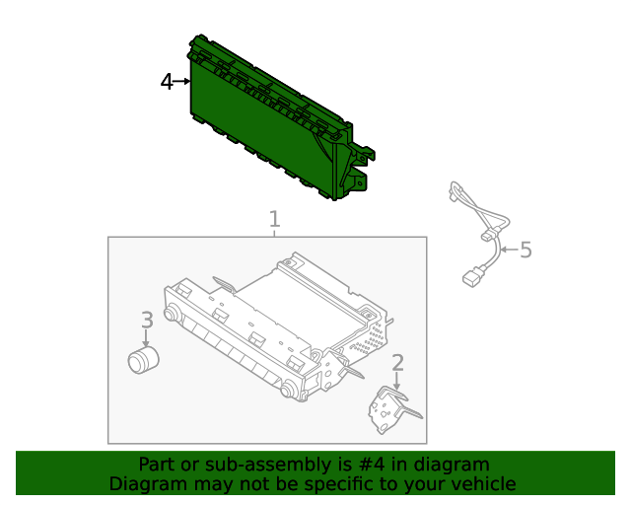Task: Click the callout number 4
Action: tap(167, 82)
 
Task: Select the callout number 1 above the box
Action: tap(274, 219)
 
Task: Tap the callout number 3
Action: tap(146, 320)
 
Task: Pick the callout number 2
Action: tap(397, 363)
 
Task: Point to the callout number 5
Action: tap(526, 250)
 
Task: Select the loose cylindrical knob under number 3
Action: tap(145, 360)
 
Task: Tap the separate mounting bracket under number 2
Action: tap(392, 409)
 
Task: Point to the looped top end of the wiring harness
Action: tap(456, 190)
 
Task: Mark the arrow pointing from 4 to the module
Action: tap(182, 82)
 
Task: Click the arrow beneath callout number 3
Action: tap(146, 338)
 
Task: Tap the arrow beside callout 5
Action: tap(508, 250)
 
